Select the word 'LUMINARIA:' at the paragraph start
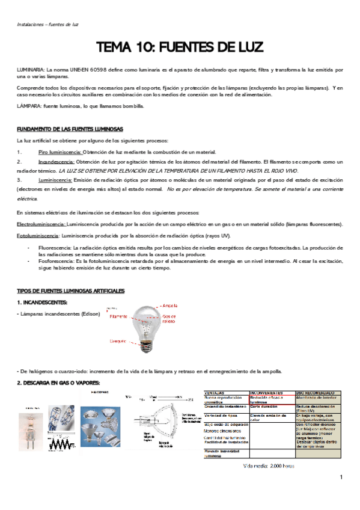30,70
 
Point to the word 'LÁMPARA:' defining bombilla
29,106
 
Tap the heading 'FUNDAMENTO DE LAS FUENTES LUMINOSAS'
70,129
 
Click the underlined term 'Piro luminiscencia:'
59,152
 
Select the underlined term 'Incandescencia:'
56,162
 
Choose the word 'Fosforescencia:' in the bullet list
55,262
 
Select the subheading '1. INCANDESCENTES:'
42,302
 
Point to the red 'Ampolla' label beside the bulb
172,306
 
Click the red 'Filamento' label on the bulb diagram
118,316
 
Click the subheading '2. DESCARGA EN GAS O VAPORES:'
58,382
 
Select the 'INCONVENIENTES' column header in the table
267,392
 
